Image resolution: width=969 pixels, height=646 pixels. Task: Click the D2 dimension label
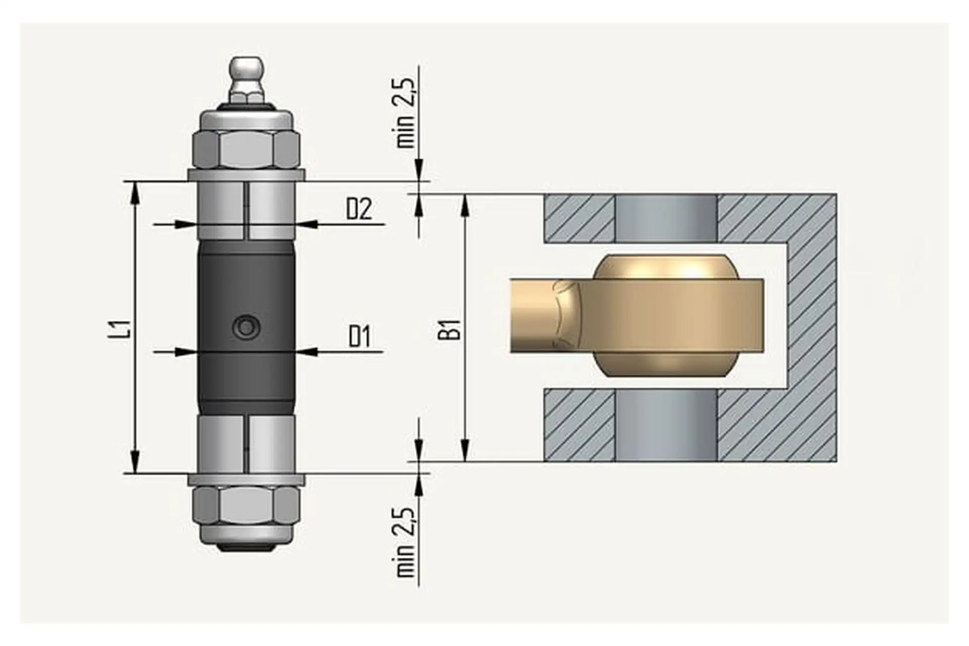(359, 209)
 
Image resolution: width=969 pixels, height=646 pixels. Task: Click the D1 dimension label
(359, 337)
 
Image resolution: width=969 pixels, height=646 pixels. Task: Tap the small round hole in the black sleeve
(246, 328)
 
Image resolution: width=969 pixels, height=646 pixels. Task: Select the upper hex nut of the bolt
(246, 150)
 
